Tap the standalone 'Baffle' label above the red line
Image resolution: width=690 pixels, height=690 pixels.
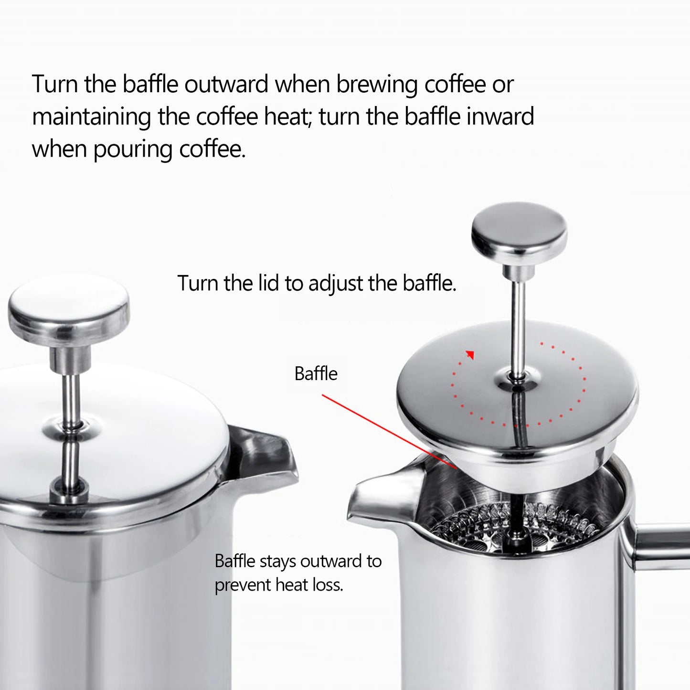click(x=316, y=373)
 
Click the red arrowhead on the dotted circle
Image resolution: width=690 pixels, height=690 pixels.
click(x=470, y=354)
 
